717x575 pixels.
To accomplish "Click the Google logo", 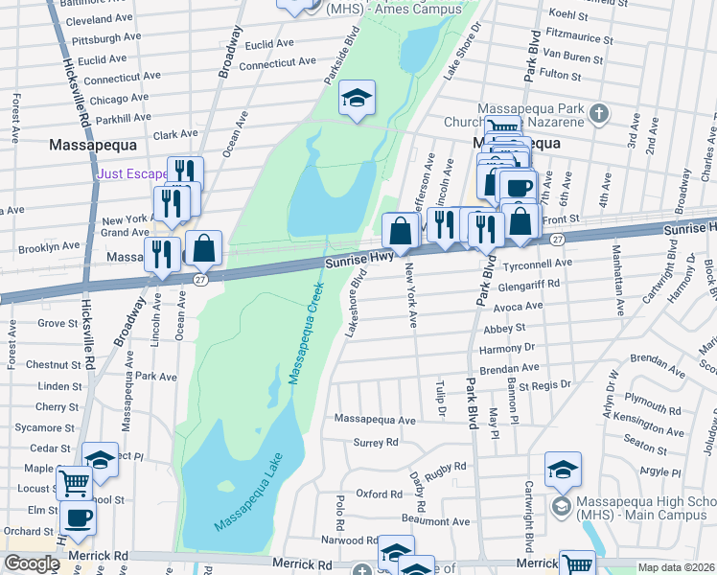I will [31, 563].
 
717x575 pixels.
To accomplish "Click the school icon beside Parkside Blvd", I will [357, 98].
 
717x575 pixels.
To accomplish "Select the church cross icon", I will [599, 114].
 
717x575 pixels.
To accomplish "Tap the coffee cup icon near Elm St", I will [78, 517].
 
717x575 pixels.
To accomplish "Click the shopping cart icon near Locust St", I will [74, 484].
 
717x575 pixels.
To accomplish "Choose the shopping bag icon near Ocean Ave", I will [204, 248].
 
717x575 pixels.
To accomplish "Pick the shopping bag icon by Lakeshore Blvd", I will [399, 231].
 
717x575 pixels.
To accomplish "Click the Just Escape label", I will [133, 174].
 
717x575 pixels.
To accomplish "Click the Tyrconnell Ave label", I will [538, 263].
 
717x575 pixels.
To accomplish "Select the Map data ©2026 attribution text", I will [675, 567].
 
